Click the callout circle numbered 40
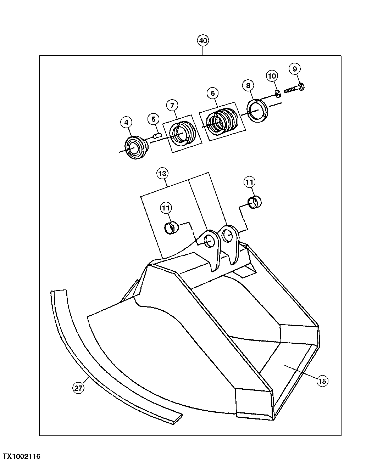(x=203, y=41)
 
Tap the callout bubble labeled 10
(x=272, y=76)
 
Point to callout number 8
(x=248, y=85)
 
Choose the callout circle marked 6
(x=212, y=93)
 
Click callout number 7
(x=172, y=105)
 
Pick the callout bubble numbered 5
(x=154, y=119)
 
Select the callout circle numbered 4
(x=126, y=122)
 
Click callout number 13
(x=162, y=174)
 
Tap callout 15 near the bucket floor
(x=322, y=381)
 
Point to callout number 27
(x=78, y=388)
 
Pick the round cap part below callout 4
(x=136, y=147)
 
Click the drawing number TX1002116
(x=22, y=456)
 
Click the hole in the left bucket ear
(x=209, y=242)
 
